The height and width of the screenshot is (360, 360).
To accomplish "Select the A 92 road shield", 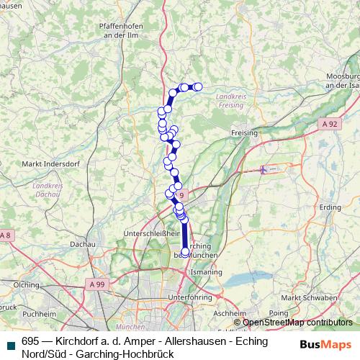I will coord(329,125).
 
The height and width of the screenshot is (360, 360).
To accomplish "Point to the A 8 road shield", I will coord(5,235).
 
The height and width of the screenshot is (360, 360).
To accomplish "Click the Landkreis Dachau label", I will coord(47,189).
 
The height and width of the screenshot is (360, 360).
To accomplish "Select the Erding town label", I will coord(330,207).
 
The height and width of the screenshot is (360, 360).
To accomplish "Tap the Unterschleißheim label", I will coord(151,233).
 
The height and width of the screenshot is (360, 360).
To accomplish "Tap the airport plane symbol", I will coord(265,170).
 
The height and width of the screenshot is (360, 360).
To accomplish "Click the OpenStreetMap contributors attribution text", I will coord(297,322).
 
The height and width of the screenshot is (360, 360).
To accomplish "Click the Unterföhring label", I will coord(188,297).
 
